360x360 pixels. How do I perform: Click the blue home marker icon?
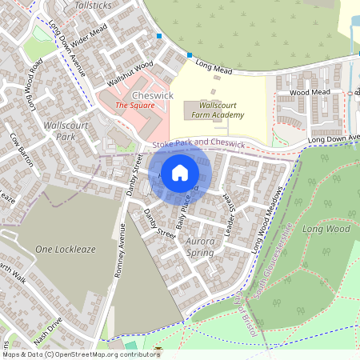coord(180,172)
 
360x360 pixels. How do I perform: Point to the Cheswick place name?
coord(152,95)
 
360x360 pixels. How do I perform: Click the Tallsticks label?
coord(95,5)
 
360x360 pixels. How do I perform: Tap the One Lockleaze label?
coord(66,250)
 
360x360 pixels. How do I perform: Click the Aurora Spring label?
coord(200,246)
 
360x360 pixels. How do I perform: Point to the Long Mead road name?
coord(213,70)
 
